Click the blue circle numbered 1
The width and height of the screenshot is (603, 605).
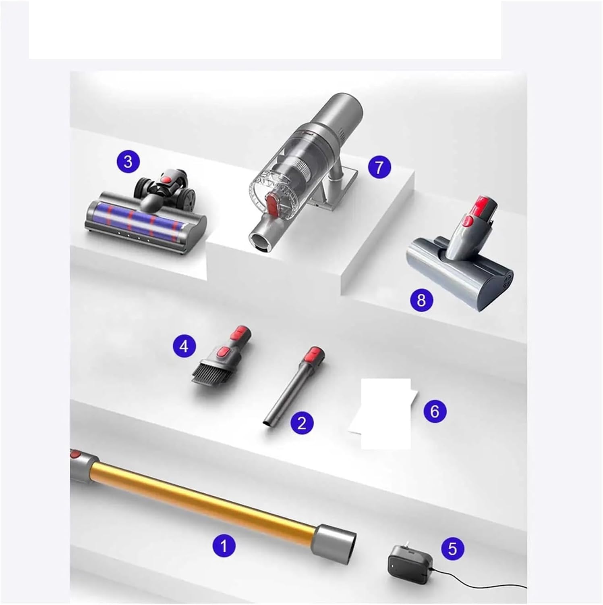point(224,547)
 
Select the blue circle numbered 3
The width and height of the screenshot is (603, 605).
point(128,162)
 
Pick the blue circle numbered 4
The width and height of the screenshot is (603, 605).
point(184,346)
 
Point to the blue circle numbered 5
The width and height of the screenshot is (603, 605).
point(452,549)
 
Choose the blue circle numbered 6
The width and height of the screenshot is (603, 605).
point(435,411)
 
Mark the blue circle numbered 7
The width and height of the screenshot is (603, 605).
point(379,167)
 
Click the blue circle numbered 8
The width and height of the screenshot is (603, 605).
point(421,300)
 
